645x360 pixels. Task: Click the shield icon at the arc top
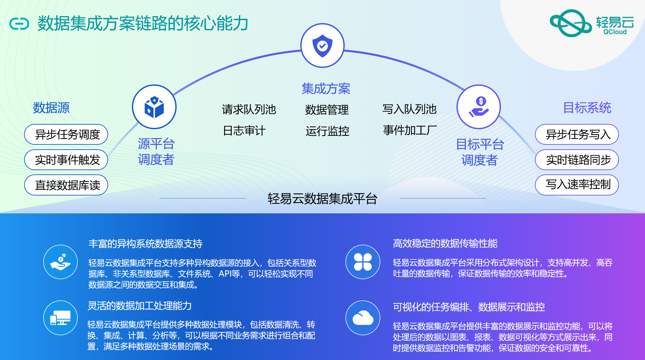(x=322, y=45)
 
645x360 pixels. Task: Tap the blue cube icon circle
(x=154, y=107)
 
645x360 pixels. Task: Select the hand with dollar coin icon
(x=479, y=107)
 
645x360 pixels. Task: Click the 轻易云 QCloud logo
(x=592, y=23)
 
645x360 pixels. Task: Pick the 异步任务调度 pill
(x=66, y=135)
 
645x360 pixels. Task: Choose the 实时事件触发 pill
(x=66, y=160)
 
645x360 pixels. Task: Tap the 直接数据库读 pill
(x=66, y=185)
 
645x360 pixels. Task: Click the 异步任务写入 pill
(x=577, y=135)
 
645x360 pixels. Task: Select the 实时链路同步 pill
(x=577, y=160)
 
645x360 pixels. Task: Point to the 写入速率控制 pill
(x=577, y=185)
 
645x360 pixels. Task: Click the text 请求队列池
(x=249, y=109)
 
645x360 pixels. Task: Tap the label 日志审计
(x=244, y=131)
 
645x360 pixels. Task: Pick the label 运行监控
(x=327, y=131)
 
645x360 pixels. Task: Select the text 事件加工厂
(x=410, y=131)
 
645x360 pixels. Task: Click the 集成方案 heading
(x=326, y=89)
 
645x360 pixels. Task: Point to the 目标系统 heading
(x=587, y=108)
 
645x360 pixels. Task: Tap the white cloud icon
(x=363, y=318)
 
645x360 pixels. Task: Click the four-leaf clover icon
(x=363, y=262)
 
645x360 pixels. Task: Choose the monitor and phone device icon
(x=60, y=318)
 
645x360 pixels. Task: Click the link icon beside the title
(x=19, y=24)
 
